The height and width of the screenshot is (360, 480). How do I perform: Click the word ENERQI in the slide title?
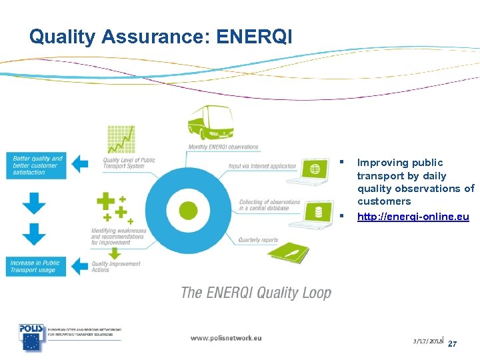254,37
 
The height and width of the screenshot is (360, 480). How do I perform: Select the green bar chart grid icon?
121,139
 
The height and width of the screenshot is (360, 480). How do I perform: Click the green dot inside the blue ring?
189,211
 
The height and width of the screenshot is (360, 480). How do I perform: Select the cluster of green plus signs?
113,207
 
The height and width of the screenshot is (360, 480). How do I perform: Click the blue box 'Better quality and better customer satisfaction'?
37,165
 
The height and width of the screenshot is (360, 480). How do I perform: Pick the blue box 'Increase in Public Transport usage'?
35,267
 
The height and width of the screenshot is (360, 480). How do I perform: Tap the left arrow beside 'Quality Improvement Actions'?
80,266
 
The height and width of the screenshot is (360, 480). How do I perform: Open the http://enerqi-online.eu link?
413,217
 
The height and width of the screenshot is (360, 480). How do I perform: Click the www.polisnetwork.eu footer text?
226,338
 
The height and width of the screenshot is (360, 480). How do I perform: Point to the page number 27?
452,344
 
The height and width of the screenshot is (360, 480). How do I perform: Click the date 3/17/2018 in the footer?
427,341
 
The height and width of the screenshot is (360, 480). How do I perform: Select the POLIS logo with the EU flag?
31,337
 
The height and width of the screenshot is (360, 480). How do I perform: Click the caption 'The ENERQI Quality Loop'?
256,293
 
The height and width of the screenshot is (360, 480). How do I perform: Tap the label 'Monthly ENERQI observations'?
223,147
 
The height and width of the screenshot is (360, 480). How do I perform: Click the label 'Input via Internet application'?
262,166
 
